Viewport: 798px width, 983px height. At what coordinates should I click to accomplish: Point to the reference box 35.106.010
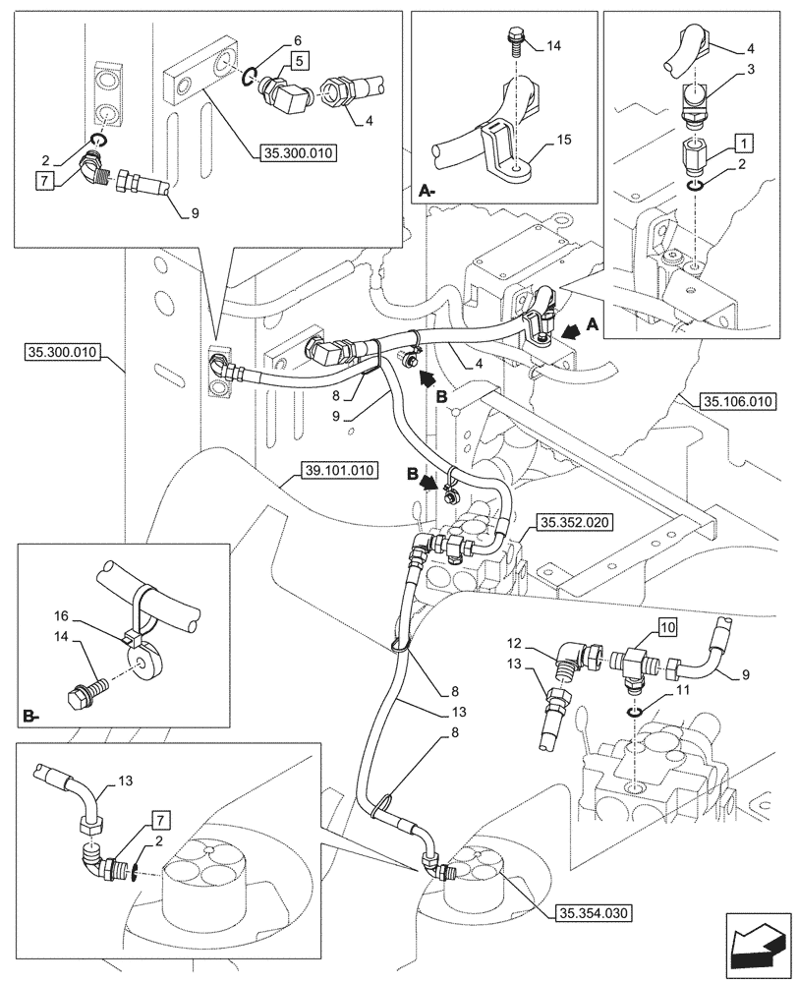tap(738, 401)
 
